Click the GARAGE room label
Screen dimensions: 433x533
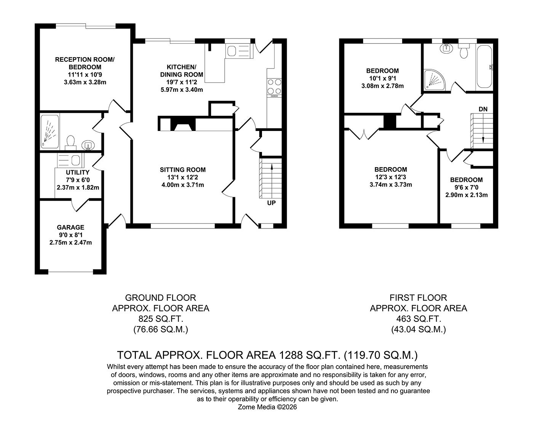click(70, 227)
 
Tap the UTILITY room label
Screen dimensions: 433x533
click(78, 173)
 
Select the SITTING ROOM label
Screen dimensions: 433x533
click(183, 170)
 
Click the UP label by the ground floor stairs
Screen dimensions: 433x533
click(271, 203)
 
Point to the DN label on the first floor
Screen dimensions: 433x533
click(483, 109)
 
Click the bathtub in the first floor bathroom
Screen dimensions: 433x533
click(484, 67)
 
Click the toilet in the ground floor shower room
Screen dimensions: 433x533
click(70, 142)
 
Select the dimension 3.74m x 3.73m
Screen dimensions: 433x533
click(391, 185)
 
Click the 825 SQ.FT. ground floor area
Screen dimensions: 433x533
click(161, 319)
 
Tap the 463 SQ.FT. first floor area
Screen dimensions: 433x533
click(418, 319)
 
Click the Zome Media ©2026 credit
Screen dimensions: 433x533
click(267, 407)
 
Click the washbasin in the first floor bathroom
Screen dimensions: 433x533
click(445, 48)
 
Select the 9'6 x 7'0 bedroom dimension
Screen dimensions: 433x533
click(466, 187)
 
